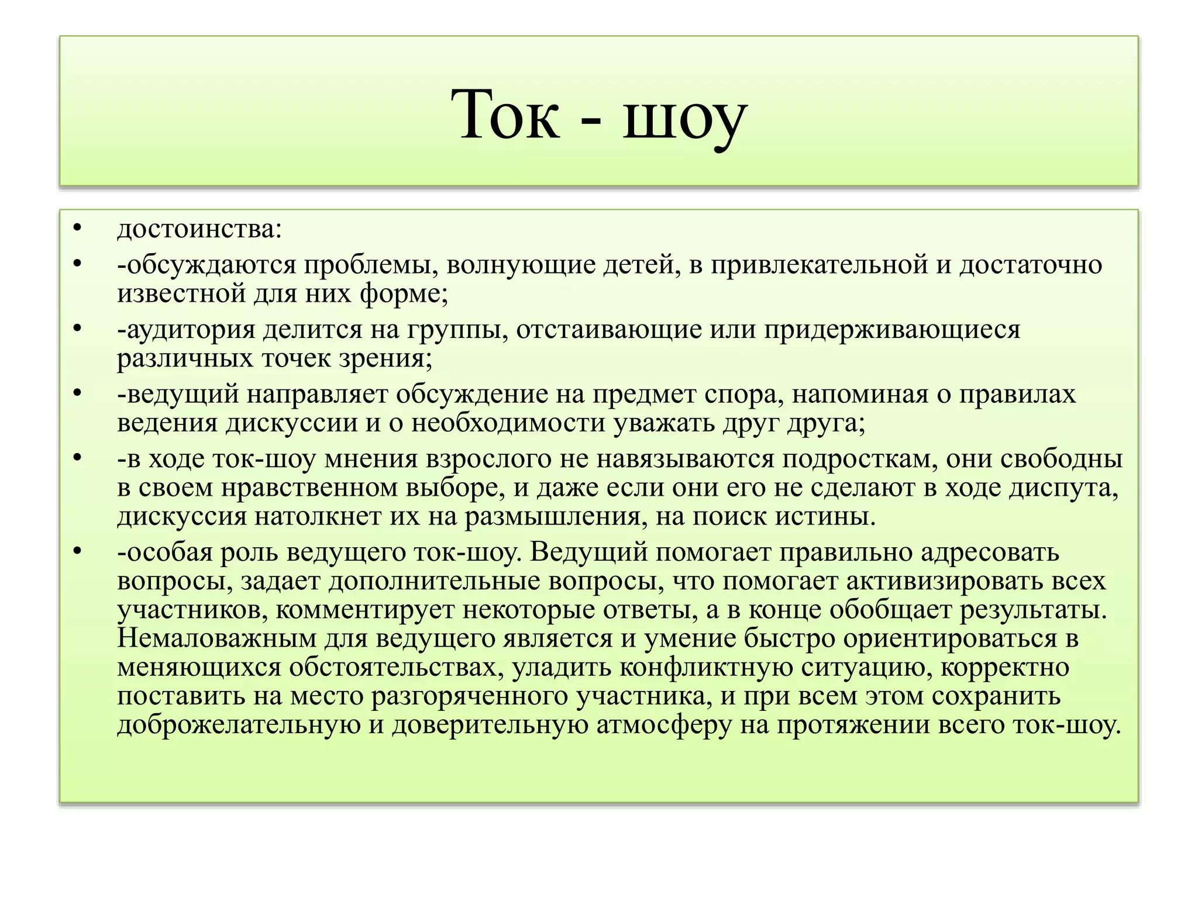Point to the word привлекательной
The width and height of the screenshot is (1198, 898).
(820, 265)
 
